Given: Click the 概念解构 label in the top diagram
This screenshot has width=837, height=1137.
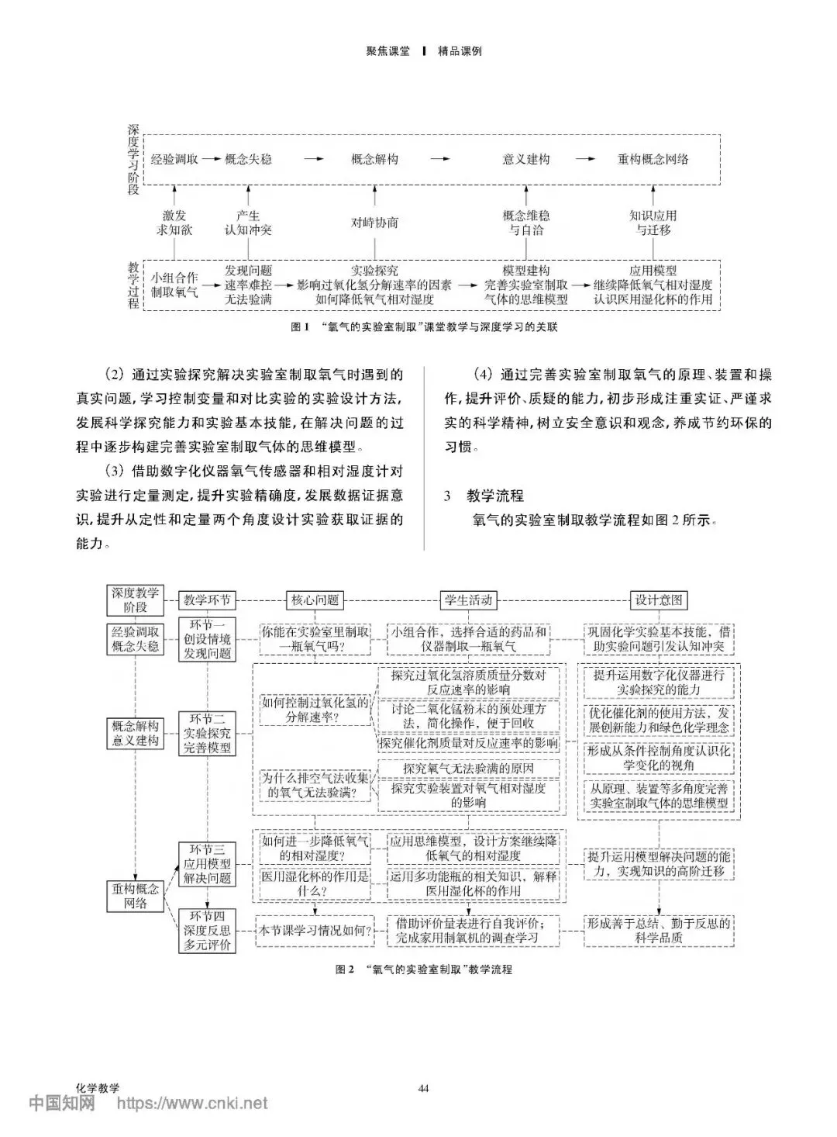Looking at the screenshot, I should pyautogui.click(x=374, y=159).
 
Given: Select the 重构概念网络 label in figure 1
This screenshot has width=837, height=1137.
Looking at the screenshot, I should pyautogui.click(x=653, y=159).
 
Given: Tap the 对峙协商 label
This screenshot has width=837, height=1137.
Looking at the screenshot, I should pyautogui.click(x=374, y=223).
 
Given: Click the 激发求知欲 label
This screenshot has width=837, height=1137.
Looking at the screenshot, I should pyautogui.click(x=174, y=223).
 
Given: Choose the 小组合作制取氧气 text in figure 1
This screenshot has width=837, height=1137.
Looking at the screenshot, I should pyautogui.click(x=174, y=285).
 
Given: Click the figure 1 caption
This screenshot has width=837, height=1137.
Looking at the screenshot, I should pyautogui.click(x=424, y=327).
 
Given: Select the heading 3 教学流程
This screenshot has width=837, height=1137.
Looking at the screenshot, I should pyautogui.click(x=484, y=496).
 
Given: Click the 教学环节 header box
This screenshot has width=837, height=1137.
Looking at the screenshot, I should pyautogui.click(x=207, y=600).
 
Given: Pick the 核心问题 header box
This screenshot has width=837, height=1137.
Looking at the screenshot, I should pyautogui.click(x=315, y=600).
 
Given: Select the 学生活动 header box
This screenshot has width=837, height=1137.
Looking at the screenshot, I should pyautogui.click(x=467, y=600).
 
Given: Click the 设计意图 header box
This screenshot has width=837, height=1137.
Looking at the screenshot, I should pyautogui.click(x=659, y=600).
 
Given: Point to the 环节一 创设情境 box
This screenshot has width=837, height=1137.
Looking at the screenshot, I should pyautogui.click(x=207, y=639).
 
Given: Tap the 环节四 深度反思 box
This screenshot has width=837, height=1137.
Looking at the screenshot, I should pyautogui.click(x=207, y=931).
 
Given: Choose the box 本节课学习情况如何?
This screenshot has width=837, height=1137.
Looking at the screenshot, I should pyautogui.click(x=315, y=930).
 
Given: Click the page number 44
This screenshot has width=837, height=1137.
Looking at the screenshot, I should pyautogui.click(x=423, y=1088).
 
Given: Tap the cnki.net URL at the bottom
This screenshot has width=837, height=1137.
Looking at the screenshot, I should pyautogui.click(x=191, y=1103).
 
